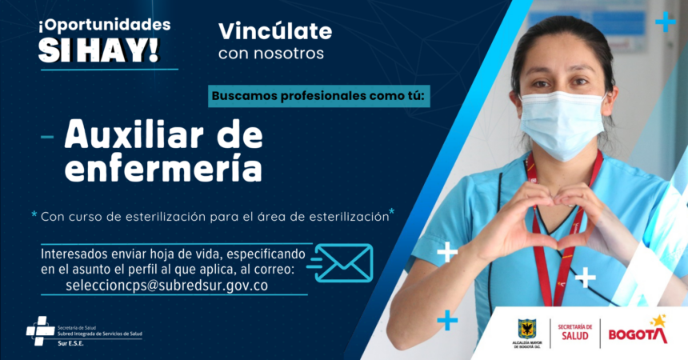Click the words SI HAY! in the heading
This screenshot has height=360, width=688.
98,49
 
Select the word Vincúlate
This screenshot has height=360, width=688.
274,31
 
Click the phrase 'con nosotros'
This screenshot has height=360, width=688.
271,54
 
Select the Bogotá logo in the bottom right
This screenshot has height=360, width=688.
638,331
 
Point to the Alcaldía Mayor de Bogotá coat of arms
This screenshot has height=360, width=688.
527,328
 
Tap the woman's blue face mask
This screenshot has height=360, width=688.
561,124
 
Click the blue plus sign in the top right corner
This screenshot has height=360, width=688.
665,22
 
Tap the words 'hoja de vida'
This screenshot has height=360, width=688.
186,254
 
